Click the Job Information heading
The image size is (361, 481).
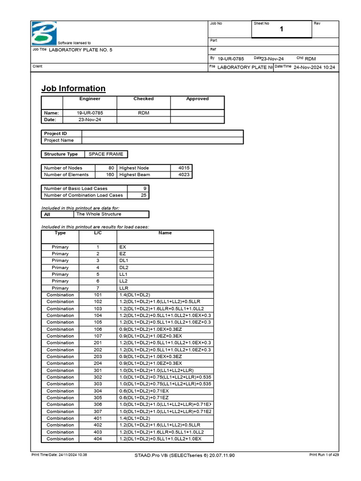(x=73, y=88)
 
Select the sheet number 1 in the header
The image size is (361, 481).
(x=282, y=30)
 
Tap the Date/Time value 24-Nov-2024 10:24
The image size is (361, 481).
(x=314, y=67)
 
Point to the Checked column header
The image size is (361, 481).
(x=143, y=99)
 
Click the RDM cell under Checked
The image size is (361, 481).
(x=143, y=113)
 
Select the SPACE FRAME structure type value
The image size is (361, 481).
(x=106, y=154)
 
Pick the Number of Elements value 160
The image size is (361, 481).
(x=110, y=175)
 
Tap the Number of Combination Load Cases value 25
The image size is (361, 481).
(x=143, y=195)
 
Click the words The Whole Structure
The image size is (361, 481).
(x=99, y=214)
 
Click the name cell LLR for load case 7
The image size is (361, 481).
(x=124, y=288)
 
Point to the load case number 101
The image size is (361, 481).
(x=98, y=295)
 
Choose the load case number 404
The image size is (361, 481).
(x=98, y=439)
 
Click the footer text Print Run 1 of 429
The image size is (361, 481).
(x=324, y=455)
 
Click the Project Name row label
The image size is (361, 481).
(x=59, y=140)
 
